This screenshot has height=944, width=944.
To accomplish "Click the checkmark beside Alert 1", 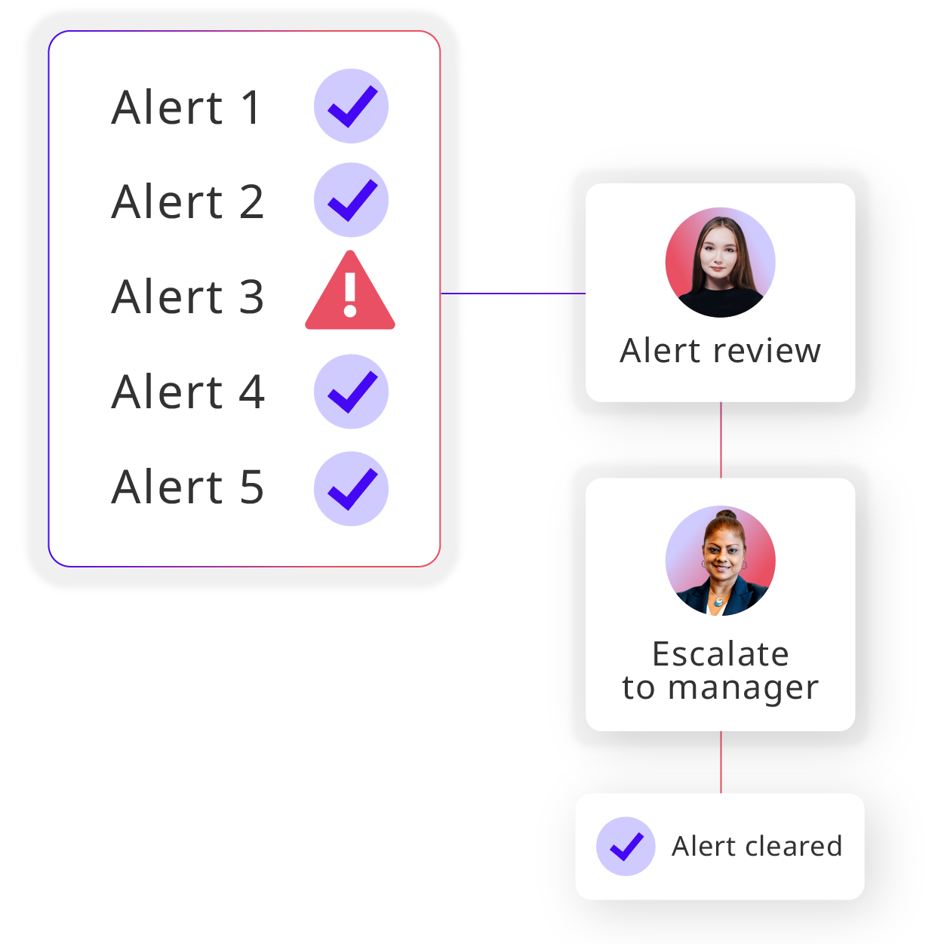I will [x=351, y=106].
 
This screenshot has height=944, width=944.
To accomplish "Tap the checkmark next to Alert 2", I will [x=351, y=200].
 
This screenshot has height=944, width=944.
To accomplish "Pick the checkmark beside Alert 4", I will [x=351, y=392].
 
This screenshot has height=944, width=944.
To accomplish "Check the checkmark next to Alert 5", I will [x=351, y=488].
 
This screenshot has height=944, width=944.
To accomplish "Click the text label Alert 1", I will [x=186, y=107].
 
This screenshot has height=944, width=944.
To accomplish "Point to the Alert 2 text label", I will [x=188, y=201].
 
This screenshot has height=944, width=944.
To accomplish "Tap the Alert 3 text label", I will [x=188, y=296].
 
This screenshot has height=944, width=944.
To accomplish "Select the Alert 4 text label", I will [x=188, y=392].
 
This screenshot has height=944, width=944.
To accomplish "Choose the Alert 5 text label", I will [x=188, y=487].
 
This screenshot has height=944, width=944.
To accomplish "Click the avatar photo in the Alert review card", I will [x=720, y=263].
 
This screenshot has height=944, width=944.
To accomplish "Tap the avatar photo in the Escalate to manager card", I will [x=720, y=561].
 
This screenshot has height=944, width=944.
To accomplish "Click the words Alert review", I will [x=720, y=351].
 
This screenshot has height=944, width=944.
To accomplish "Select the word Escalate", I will [x=720, y=653].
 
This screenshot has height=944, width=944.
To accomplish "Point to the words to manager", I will [x=720, y=688].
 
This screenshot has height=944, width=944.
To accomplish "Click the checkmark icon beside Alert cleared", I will [x=626, y=846].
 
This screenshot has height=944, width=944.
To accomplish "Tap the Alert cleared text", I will [x=757, y=847].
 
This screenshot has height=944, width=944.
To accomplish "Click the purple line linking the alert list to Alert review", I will [x=513, y=294].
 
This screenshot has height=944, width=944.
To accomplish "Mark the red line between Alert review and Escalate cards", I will [x=721, y=440].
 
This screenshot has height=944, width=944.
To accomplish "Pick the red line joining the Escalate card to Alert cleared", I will [x=721, y=762].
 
